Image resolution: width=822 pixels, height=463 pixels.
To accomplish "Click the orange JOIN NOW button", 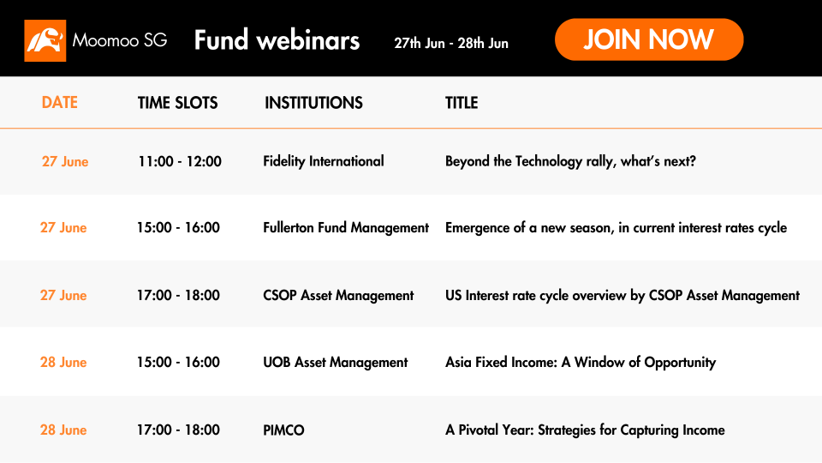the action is point(649,39).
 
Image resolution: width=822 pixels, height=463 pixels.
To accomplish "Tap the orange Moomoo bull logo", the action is point(45,40).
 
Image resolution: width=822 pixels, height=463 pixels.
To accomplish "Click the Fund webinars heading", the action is point(277,40).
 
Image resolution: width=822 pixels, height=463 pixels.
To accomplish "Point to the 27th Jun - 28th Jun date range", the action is point(451,43).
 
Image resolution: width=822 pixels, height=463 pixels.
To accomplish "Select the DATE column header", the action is point(60,102).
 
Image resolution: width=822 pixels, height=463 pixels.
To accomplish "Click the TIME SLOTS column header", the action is point(178,103).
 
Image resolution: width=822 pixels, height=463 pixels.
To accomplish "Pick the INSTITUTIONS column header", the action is point(313,103).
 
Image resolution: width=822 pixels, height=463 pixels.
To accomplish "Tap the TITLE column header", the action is point(462,103).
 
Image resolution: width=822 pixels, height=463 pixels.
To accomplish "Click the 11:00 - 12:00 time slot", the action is point(180,161).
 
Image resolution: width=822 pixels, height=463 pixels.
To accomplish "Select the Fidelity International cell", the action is point(324,161).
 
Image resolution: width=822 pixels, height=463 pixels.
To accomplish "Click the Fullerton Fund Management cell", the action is point(346,227).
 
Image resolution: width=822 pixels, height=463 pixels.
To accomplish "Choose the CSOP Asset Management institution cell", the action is point(338,295).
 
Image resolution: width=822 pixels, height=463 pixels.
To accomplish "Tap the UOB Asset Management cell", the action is point(336,362).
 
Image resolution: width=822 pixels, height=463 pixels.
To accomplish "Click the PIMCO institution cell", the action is point(283,430).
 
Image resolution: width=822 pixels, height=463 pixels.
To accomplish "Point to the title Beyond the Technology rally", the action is point(570,161).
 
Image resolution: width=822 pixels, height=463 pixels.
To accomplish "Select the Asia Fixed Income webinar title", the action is point(581,362).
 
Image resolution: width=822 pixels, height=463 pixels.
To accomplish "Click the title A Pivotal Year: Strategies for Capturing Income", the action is point(585,430).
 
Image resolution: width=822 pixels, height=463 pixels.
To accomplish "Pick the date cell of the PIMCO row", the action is point(63,430).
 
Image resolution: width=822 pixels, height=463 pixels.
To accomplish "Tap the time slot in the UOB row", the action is point(178,362).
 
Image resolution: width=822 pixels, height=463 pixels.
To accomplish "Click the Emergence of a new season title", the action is point(616,227).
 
